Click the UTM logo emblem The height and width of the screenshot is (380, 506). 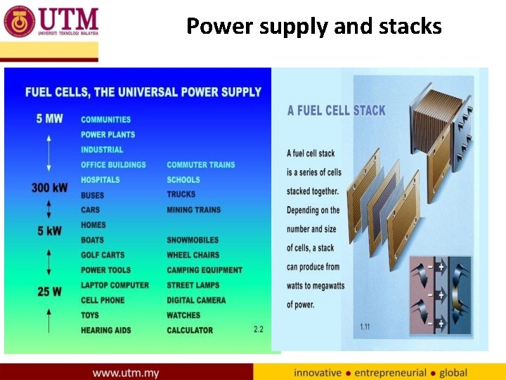[19, 21]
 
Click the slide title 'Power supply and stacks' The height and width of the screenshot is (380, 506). [313, 26]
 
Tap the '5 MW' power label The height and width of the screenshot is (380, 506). [49, 118]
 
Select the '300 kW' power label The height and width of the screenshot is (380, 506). [49, 188]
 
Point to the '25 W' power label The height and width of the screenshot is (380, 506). [49, 291]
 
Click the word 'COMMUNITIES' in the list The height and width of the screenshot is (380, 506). [105, 120]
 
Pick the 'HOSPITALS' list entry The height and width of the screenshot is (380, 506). [100, 180]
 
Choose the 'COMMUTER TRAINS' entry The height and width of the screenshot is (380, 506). [201, 165]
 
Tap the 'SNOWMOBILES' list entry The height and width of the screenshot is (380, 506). [193, 240]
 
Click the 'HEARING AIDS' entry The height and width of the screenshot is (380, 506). [105, 330]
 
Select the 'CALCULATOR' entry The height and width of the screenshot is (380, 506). [190, 330]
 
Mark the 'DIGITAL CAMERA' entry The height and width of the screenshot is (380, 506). [196, 300]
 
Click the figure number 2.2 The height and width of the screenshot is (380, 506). [259, 329]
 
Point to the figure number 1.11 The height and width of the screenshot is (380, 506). [365, 327]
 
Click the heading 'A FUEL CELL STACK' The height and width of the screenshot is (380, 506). [337, 110]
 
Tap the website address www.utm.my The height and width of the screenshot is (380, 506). [126, 372]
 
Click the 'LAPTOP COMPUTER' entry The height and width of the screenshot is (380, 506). [115, 285]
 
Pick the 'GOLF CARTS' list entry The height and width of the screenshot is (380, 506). [103, 255]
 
